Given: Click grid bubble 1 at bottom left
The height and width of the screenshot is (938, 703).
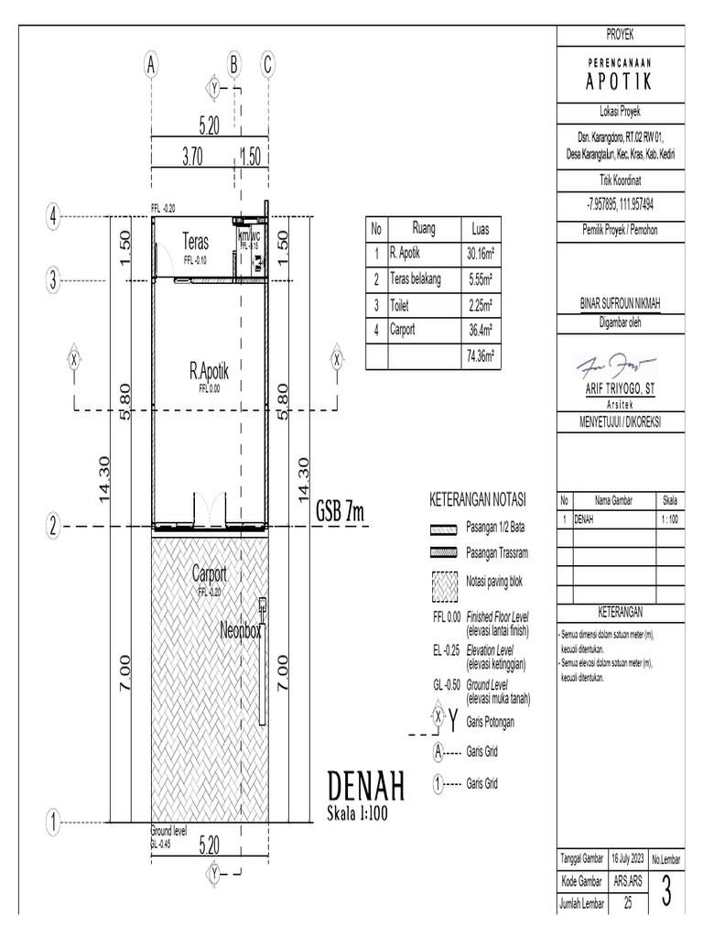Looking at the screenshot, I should pos(54,821).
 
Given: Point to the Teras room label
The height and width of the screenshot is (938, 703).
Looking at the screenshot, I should pos(196,243).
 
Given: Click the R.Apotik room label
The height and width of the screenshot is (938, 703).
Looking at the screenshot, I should pos(209,372).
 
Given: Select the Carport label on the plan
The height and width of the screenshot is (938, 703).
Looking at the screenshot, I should pos(209,574).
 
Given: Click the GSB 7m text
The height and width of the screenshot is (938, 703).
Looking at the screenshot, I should pos(340,513).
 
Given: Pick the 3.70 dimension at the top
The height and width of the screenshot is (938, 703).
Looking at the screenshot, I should pos(192,157).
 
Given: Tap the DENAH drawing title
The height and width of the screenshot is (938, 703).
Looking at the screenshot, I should pos(366,787).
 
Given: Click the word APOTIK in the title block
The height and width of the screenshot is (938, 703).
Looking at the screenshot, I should pos(619,82).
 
